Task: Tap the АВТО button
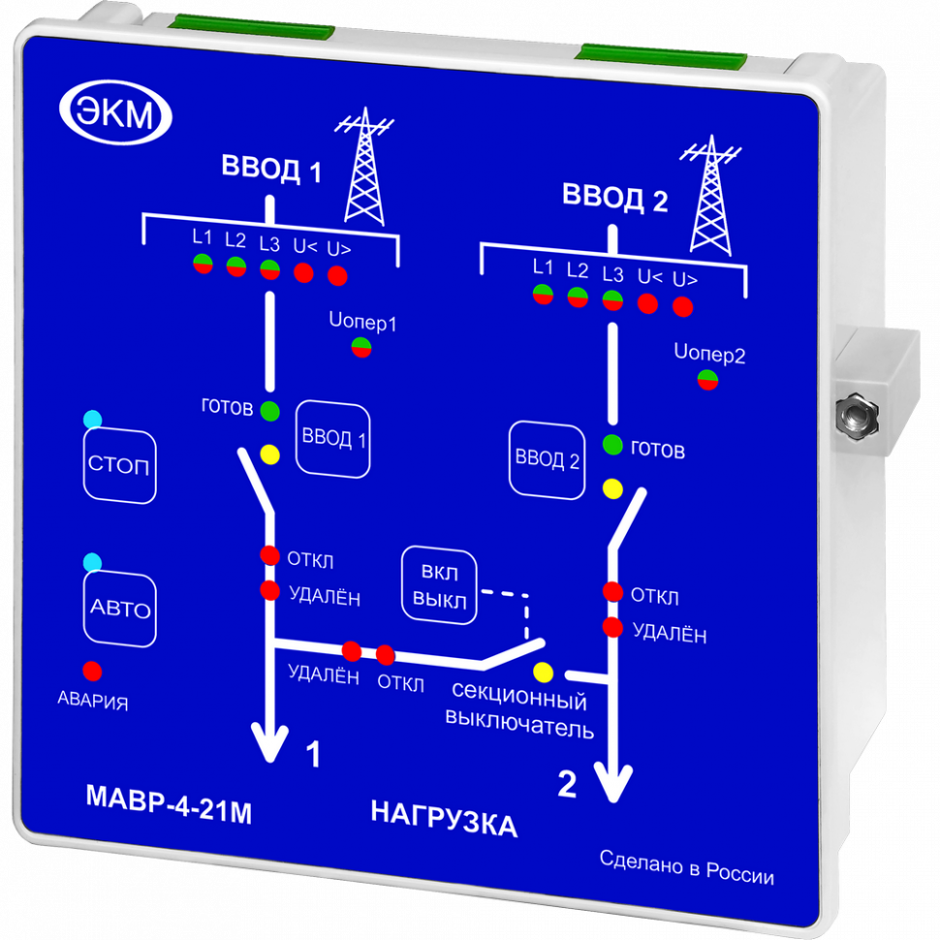click(120, 610)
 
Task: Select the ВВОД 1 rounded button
click(333, 438)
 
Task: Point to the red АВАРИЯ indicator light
click(93, 671)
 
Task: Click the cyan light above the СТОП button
click(93, 420)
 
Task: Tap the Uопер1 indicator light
click(361, 347)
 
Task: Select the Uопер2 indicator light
click(707, 380)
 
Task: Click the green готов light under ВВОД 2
click(612, 446)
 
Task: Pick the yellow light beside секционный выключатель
click(543, 672)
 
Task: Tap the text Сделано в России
click(686, 867)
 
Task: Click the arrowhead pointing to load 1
click(270, 747)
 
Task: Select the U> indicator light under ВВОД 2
click(682, 307)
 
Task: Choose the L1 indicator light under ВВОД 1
click(202, 263)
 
